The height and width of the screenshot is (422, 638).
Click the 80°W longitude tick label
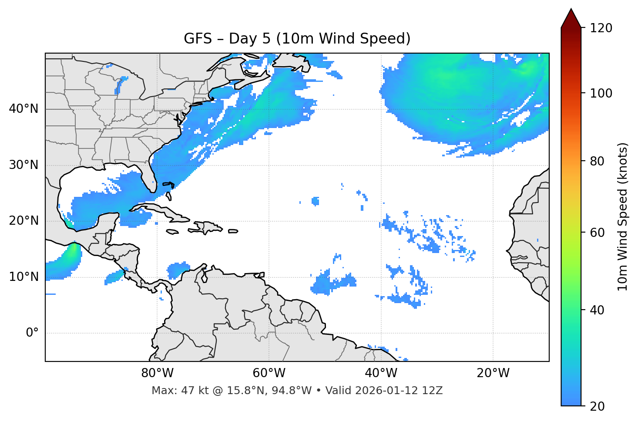tap(157, 373)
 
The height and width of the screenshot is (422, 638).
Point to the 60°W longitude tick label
tap(269, 373)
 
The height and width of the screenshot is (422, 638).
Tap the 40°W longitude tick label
tap(381, 373)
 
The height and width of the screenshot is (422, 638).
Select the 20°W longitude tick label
tap(493, 373)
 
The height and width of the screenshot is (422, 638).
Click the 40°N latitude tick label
tap(24, 109)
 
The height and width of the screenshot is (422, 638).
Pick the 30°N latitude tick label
tap(24, 165)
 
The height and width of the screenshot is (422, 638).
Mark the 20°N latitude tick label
tap(24, 221)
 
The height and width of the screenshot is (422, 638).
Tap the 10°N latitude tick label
tap(24, 277)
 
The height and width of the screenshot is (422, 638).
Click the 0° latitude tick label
tap(32, 333)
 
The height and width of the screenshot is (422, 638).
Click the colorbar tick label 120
tap(601, 28)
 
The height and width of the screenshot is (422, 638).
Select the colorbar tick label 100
tap(601, 93)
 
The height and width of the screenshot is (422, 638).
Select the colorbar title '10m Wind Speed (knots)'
tap(623, 216)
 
